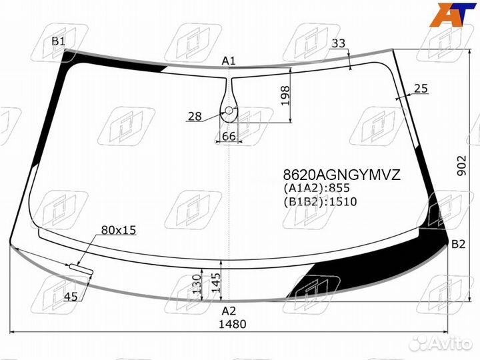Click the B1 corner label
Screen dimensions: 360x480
click(x=59, y=42)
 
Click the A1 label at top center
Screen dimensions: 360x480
click(x=229, y=61)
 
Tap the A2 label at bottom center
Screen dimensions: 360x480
click(x=229, y=311)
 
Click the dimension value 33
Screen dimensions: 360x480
click(x=339, y=43)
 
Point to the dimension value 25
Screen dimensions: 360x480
click(x=421, y=88)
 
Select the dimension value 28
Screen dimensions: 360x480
click(x=195, y=117)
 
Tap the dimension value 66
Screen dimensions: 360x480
click(x=229, y=136)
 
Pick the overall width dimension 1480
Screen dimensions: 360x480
click(x=232, y=325)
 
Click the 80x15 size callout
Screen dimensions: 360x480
click(x=118, y=230)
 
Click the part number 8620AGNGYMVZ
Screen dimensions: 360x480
click(x=342, y=175)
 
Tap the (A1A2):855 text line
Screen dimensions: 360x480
click(x=317, y=189)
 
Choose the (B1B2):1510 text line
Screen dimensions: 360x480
click(x=320, y=202)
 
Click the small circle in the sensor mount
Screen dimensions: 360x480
click(x=229, y=111)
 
